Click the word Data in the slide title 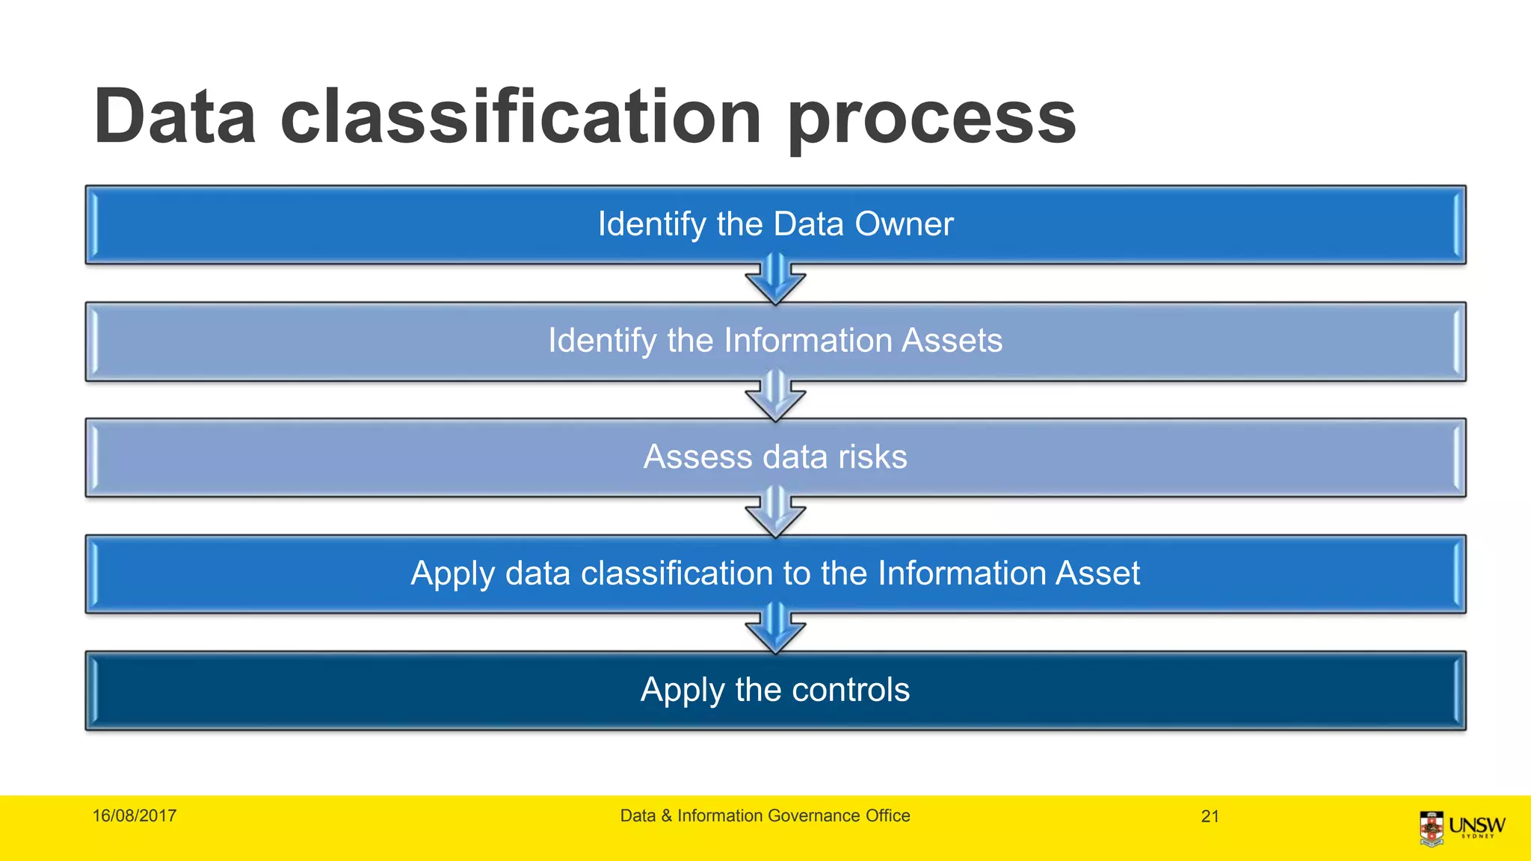tap(175, 117)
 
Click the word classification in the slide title tap(521, 117)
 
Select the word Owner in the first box tap(904, 224)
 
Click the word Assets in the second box tap(952, 341)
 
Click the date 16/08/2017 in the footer tap(135, 816)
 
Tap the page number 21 tap(1210, 817)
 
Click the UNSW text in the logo tap(1476, 825)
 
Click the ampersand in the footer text tap(666, 816)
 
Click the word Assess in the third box tap(697, 457)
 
